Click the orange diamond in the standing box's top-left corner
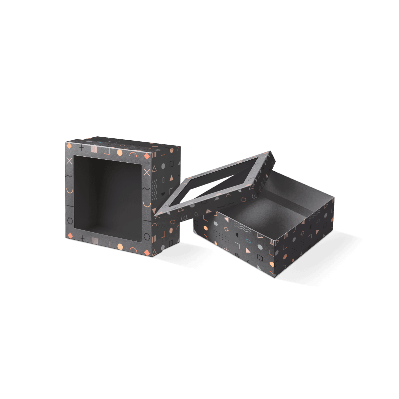pos(69,146)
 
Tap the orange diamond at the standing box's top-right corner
pos(147,156)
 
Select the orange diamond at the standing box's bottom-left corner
pos(70,236)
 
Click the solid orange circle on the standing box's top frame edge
pos(120,153)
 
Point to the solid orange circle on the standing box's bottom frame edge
pos(119,246)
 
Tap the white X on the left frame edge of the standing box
pos(69,161)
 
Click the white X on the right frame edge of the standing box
pos(147,172)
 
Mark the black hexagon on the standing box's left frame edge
pos(70,220)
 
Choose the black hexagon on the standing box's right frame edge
pos(147,237)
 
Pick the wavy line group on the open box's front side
pos(241,226)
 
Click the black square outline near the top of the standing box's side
pos(172,164)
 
